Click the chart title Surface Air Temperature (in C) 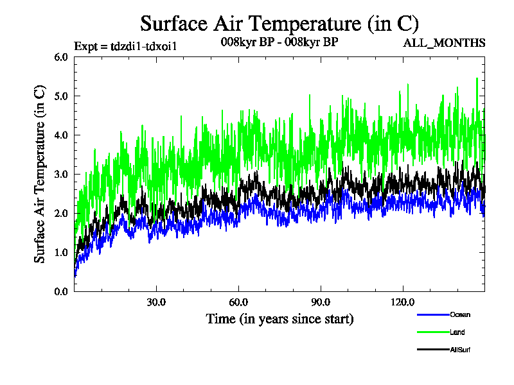pyautogui.click(x=279, y=24)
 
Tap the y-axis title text pyautogui.click(x=40, y=174)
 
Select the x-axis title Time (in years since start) pyautogui.click(x=279, y=318)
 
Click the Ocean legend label pyautogui.click(x=460, y=314)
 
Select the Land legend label pyautogui.click(x=457, y=332)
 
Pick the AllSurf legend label pyautogui.click(x=461, y=349)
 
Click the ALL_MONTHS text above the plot pyautogui.click(x=444, y=43)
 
